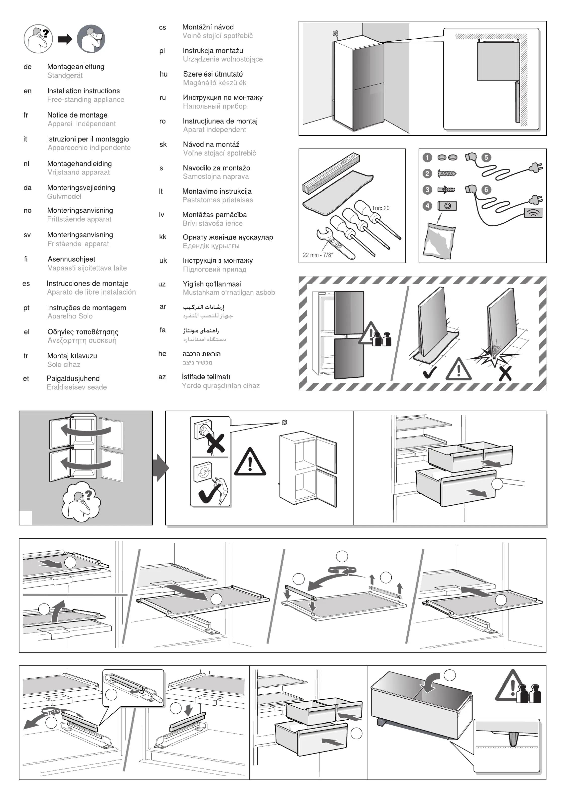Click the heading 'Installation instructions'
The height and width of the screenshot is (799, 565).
pos(83,91)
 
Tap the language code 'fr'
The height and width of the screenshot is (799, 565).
pos(26,115)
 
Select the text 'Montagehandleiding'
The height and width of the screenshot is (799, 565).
pos(79,164)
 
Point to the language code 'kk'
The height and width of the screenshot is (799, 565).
pos(163,237)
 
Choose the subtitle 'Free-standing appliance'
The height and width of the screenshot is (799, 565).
pos(86,99)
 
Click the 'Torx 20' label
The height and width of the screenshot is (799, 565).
pos(381,208)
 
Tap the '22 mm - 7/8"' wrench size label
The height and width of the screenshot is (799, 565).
pos(318,255)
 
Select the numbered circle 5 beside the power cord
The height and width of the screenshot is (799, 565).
pos(486,157)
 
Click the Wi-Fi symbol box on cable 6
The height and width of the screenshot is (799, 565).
pos(533,213)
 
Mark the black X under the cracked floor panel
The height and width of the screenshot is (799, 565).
pos(505,373)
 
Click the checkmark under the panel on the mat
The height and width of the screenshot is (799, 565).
pos(430,373)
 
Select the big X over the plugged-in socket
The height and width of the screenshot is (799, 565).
pos(215,443)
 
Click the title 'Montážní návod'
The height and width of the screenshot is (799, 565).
pos(208,27)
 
